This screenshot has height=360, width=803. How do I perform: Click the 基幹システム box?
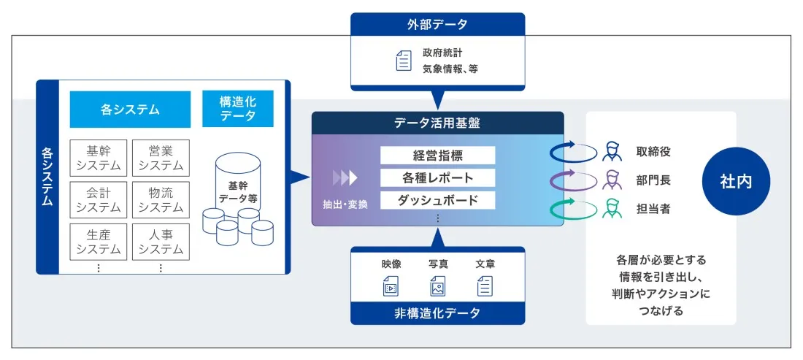pyautogui.click(x=99, y=158)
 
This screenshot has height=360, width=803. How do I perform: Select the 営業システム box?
pyautogui.click(x=161, y=158)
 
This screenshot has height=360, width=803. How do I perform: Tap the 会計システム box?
pyautogui.click(x=99, y=200)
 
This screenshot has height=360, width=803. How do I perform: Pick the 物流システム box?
pyautogui.click(x=161, y=200)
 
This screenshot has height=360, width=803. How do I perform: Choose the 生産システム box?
pyautogui.click(x=99, y=242)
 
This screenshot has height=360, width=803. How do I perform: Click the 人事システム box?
pyautogui.click(x=161, y=242)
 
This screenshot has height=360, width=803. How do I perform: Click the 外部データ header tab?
pyautogui.click(x=437, y=24)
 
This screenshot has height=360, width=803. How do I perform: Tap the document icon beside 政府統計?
pyautogui.click(x=403, y=61)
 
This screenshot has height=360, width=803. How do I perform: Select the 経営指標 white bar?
pyautogui.click(x=437, y=156)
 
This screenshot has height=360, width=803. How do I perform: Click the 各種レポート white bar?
pyautogui.click(x=437, y=177)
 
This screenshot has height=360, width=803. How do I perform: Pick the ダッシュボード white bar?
pyautogui.click(x=437, y=200)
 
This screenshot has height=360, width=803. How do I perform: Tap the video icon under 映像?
pyautogui.click(x=391, y=287)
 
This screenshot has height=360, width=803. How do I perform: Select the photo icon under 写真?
pyautogui.click(x=438, y=287)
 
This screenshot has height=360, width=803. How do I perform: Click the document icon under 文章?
pyautogui.click(x=485, y=287)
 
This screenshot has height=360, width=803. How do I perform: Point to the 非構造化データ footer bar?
pyautogui.click(x=437, y=313)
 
